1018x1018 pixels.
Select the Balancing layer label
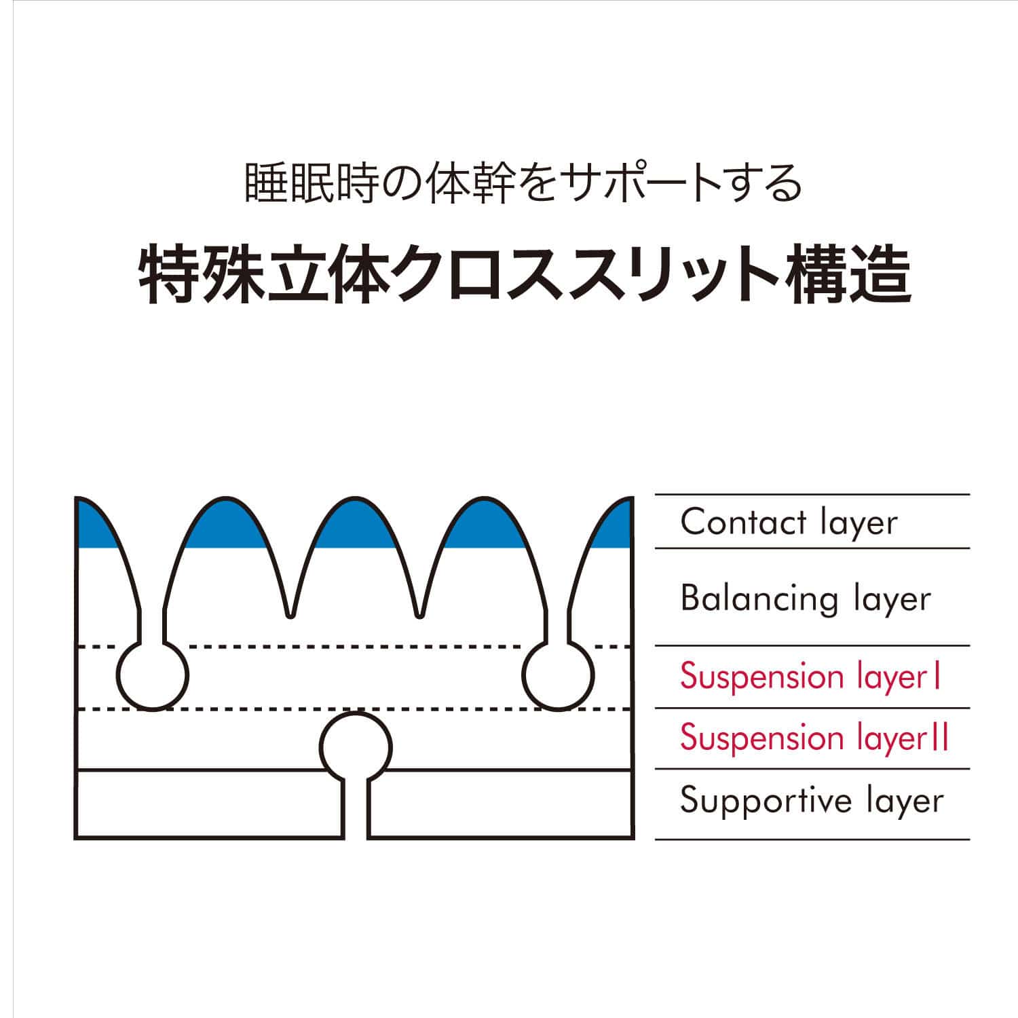806,599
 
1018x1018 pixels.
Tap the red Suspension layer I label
810,677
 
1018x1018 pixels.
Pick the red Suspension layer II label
814,738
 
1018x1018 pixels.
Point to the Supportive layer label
812,801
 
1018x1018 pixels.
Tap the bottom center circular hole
357,747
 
